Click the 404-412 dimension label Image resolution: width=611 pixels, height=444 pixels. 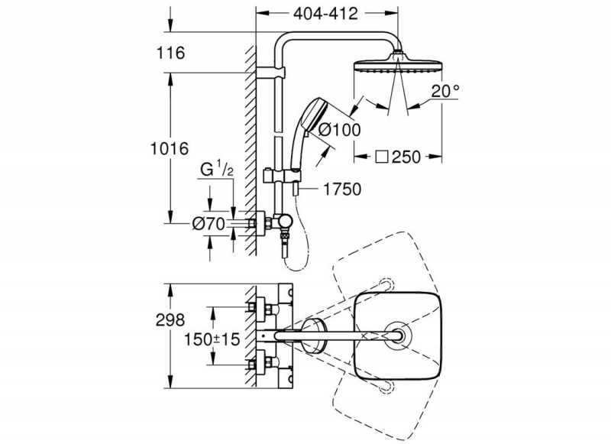[x=326, y=15]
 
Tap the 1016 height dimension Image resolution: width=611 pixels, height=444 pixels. [x=169, y=148]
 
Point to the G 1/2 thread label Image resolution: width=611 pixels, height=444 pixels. [x=215, y=170]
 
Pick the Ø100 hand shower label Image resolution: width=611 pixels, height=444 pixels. [x=339, y=130]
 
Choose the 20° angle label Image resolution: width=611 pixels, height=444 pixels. [x=445, y=91]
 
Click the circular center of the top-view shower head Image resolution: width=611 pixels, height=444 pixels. [x=397, y=335]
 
